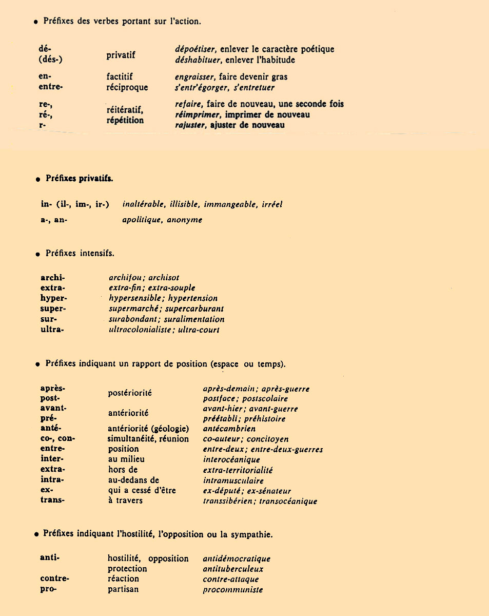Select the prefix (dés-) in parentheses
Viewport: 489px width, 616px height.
coord(50,59)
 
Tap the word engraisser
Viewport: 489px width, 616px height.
coord(192,77)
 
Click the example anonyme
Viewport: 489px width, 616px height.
coord(185,220)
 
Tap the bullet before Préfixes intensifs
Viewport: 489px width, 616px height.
coord(37,254)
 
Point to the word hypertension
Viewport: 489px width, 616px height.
coord(193,298)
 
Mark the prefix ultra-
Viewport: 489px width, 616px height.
coord(52,330)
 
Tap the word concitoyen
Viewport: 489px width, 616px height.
coord(267,439)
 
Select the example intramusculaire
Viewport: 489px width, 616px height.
coord(233,481)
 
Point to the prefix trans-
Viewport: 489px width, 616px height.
coord(52,500)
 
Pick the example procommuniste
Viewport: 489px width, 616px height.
coord(233,590)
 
